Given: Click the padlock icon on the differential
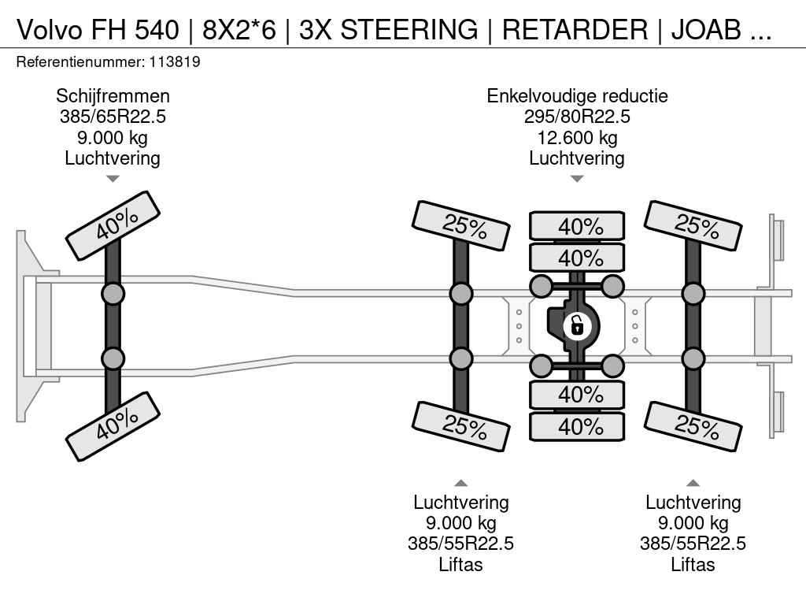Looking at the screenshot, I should click(x=577, y=325).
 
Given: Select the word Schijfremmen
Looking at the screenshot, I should click(x=113, y=96).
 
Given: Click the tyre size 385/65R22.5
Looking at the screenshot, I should click(x=113, y=117).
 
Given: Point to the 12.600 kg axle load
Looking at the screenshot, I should click(x=577, y=138).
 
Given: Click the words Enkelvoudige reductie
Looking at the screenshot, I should click(x=577, y=96).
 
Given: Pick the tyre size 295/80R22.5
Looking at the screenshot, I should click(x=577, y=117).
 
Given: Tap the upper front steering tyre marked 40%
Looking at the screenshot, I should click(x=113, y=225).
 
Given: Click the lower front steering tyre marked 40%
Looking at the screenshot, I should click(x=113, y=426).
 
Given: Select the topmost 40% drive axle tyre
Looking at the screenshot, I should click(x=577, y=226).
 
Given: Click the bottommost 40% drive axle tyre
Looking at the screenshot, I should click(x=577, y=426).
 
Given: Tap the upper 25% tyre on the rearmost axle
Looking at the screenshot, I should click(x=693, y=225).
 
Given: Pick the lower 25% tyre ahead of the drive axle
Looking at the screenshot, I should click(x=460, y=426).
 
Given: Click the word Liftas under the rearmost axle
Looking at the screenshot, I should click(x=693, y=565).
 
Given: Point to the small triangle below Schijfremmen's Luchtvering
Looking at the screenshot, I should click(x=113, y=179).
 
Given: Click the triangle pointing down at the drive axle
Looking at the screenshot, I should click(x=577, y=179).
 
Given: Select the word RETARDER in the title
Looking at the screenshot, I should click(x=576, y=29).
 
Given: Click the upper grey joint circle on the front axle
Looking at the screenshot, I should click(x=113, y=294).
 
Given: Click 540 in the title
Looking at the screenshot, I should click(x=157, y=29).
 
